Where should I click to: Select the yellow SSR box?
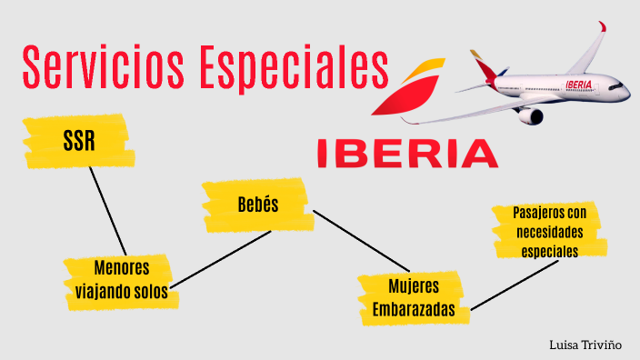pyautogui.click(x=79, y=142)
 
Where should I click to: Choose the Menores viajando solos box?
pyautogui.click(x=120, y=278)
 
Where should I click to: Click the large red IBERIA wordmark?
pyautogui.click(x=407, y=153)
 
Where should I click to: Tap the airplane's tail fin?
pyautogui.click(x=481, y=65)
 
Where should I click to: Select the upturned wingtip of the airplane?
pyautogui.click(x=602, y=29)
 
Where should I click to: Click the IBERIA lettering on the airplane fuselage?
pyautogui.click(x=578, y=85)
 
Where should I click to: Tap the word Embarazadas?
pyautogui.click(x=413, y=310)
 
